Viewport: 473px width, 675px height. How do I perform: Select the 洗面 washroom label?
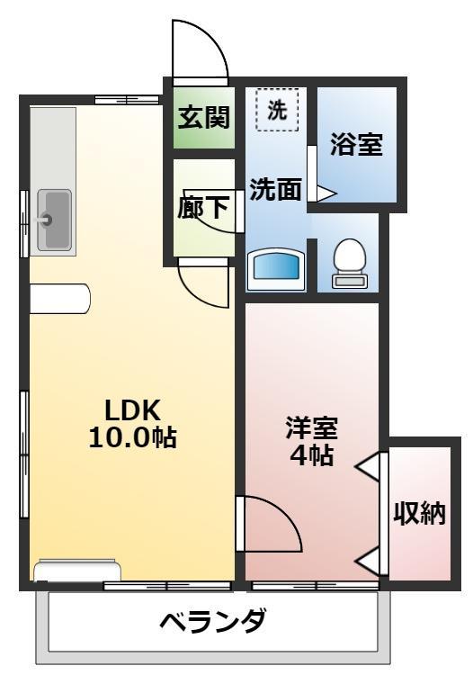click(x=274, y=190)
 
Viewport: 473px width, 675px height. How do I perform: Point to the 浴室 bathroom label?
click(x=356, y=146)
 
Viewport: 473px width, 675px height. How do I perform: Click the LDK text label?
click(x=132, y=410)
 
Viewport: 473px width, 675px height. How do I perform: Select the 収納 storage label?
click(x=419, y=513)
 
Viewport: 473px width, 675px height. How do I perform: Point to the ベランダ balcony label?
click(x=213, y=622)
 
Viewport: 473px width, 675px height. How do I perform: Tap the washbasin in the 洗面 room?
click(x=276, y=267)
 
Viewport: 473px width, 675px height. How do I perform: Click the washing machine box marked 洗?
click(x=278, y=110)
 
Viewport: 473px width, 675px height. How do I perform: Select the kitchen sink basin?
click(x=54, y=219)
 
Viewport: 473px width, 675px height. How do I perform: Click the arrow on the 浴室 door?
click(x=325, y=193)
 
